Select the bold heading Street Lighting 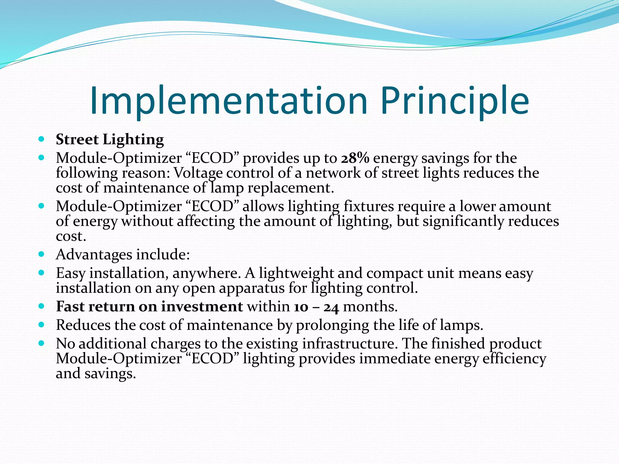click(110, 140)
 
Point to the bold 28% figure click(355, 158)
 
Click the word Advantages click(94, 254)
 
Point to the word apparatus click(251, 288)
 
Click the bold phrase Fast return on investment click(149, 306)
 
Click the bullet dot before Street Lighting click(42, 139)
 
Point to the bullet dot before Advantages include click(42, 254)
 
